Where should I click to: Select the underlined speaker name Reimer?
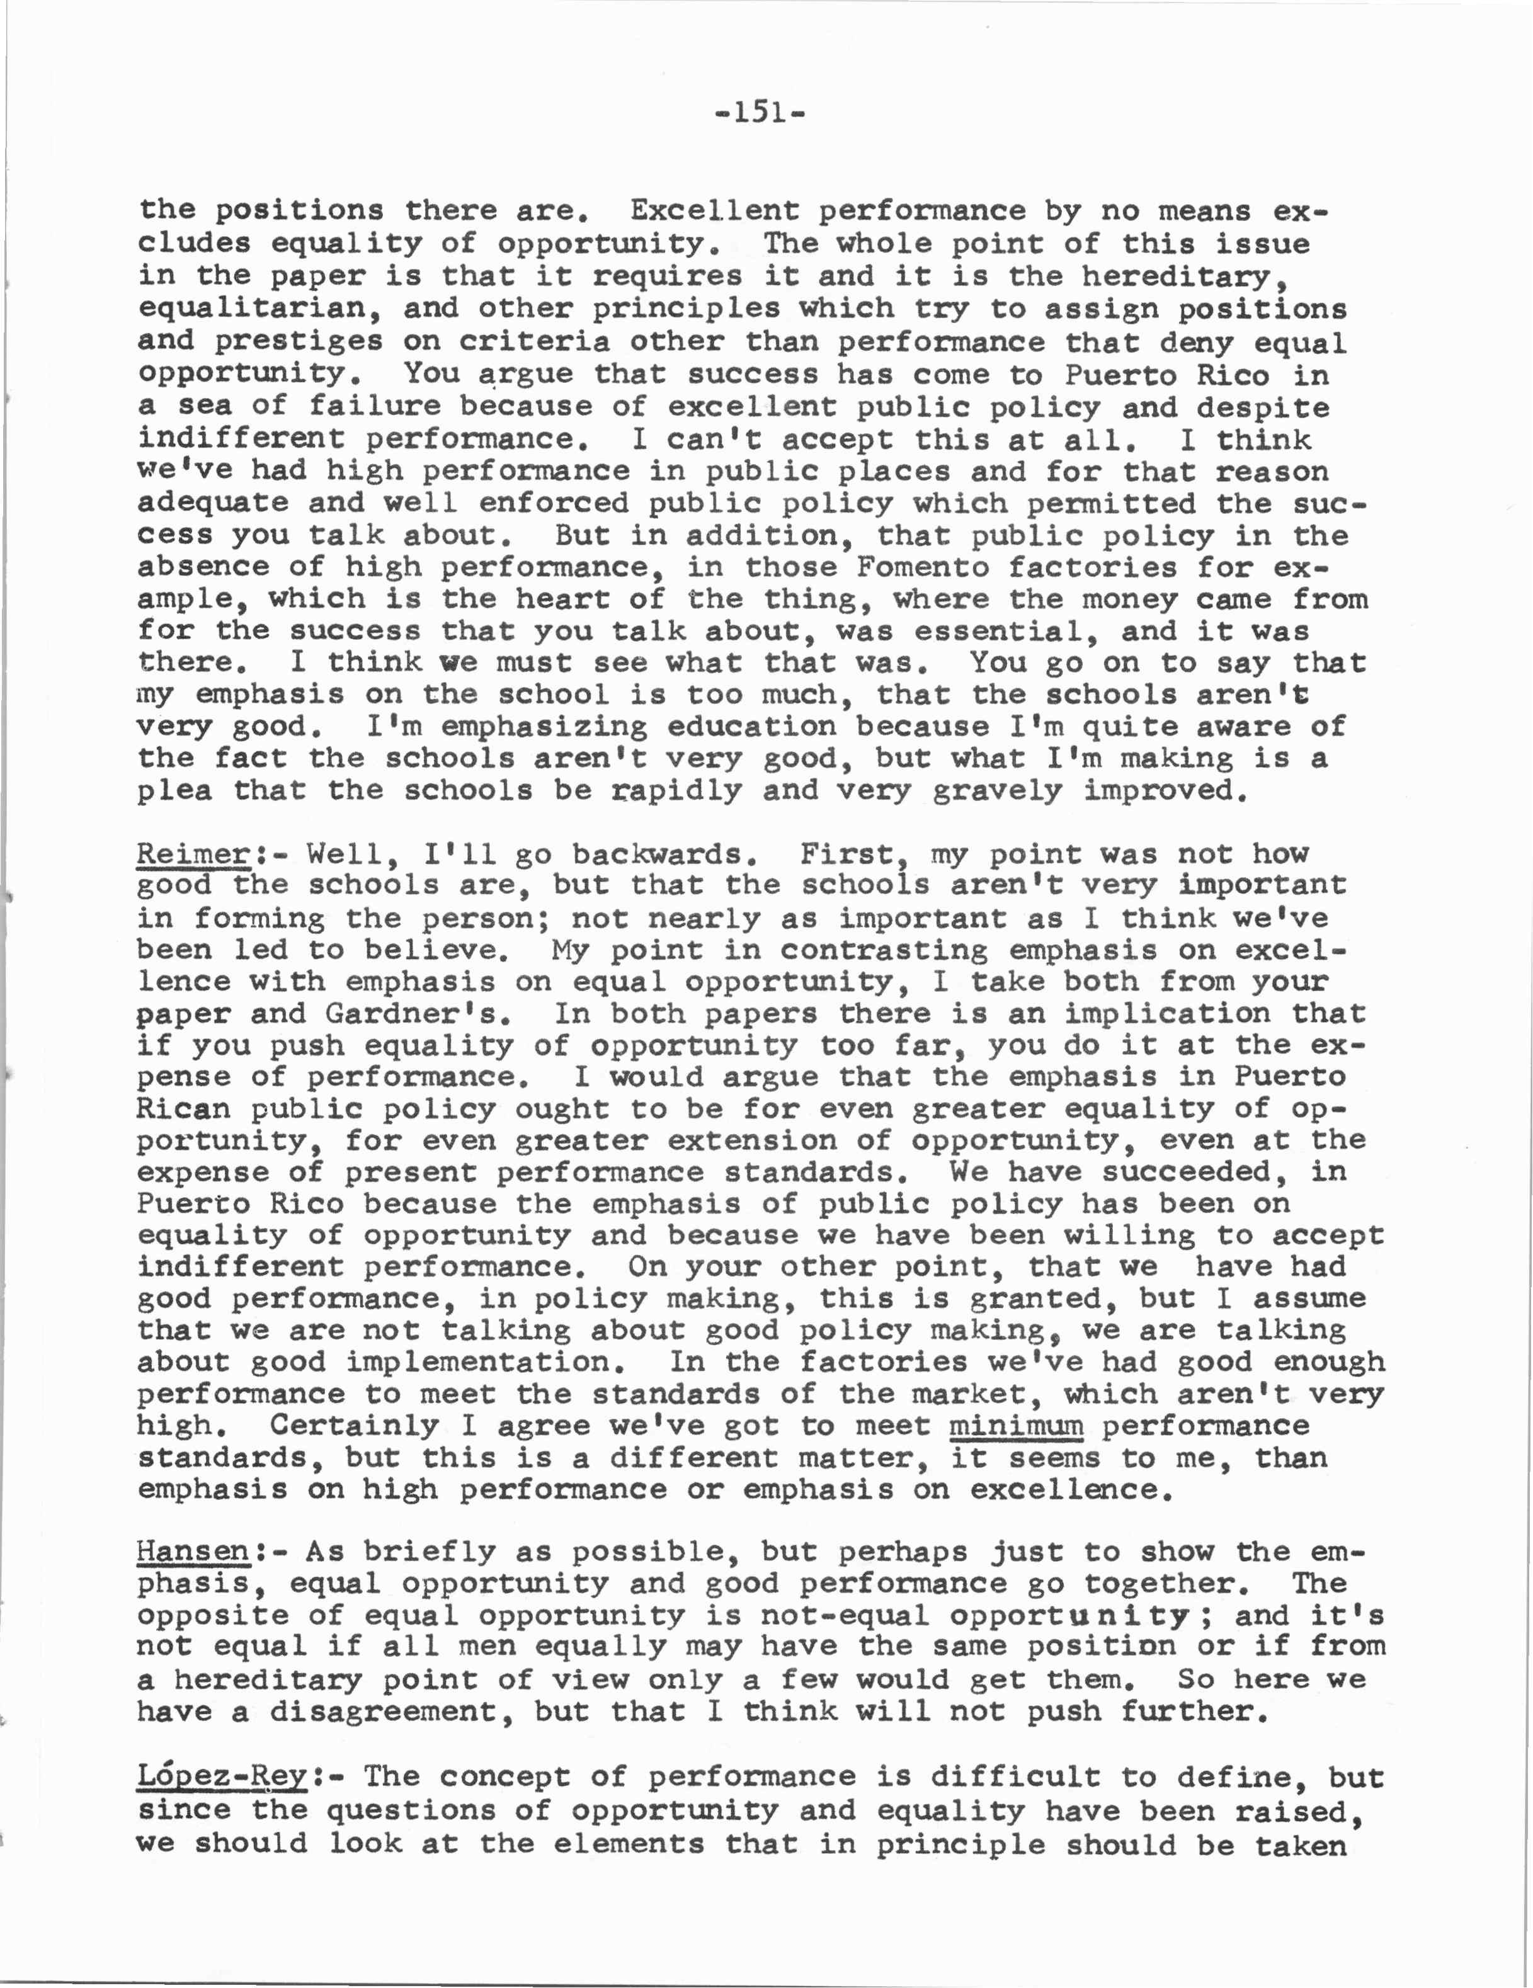[192, 854]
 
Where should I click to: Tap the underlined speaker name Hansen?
[192, 1550]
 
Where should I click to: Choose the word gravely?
[998, 790]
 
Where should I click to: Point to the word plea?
[175, 790]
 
